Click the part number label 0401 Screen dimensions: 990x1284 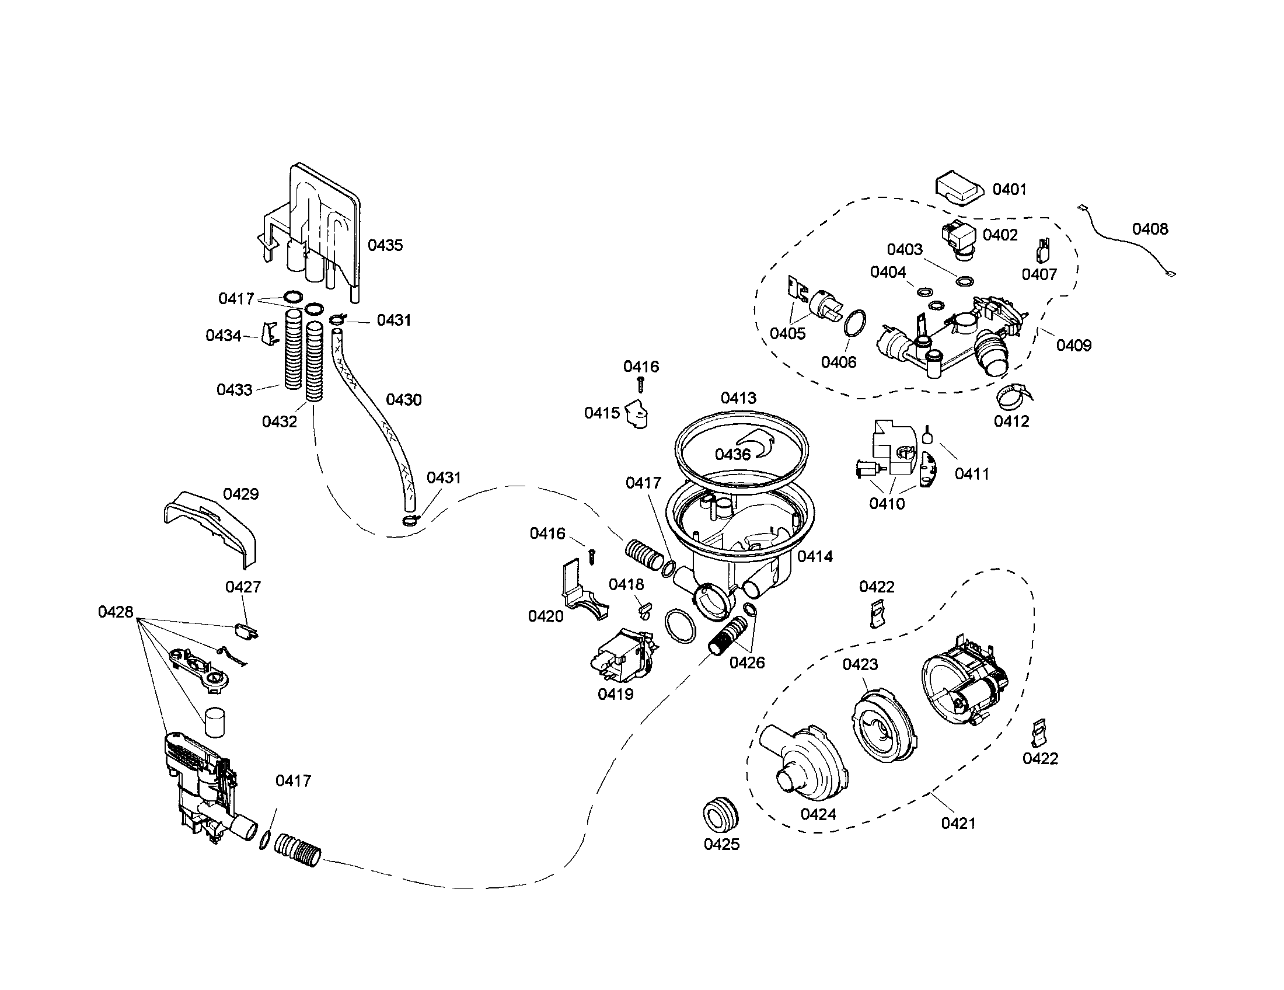(x=1009, y=189)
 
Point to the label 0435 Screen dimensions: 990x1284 (x=385, y=245)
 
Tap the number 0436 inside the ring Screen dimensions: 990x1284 (x=732, y=455)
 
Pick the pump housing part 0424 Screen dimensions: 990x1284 (x=805, y=764)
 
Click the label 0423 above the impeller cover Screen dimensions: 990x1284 (x=860, y=664)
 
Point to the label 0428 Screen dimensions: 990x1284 (x=115, y=612)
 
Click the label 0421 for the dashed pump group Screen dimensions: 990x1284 (x=958, y=823)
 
